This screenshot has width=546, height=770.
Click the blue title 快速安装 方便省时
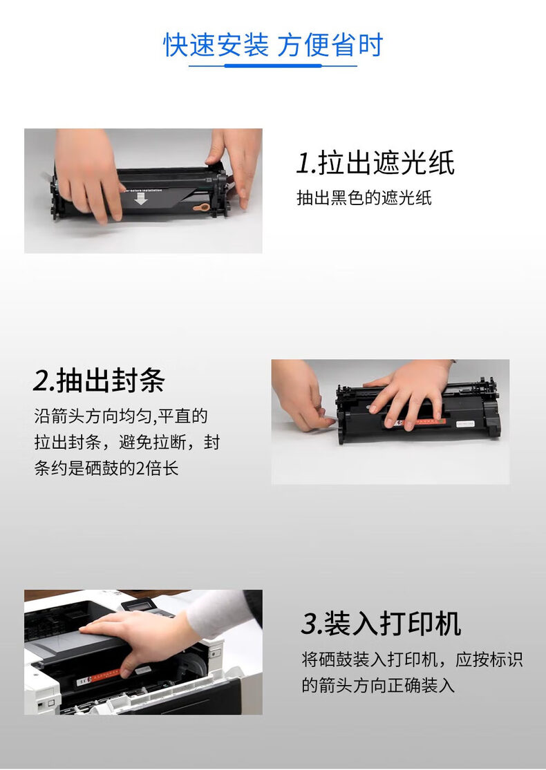click(273, 45)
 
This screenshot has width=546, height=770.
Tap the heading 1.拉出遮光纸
click(375, 162)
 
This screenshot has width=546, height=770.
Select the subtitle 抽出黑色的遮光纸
click(364, 198)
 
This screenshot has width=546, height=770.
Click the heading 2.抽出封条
click(100, 381)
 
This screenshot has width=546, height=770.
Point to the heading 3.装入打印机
click(381, 624)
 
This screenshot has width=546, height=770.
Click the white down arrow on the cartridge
click(141, 198)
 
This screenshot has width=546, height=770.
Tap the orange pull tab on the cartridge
click(202, 207)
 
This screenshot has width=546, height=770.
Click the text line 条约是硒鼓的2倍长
click(106, 468)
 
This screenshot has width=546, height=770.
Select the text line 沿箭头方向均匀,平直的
click(121, 416)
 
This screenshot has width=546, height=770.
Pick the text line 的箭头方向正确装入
click(378, 685)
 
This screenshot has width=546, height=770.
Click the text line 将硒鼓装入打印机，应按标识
click(412, 659)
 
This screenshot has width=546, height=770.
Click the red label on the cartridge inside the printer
click(98, 677)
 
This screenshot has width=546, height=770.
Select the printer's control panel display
click(142, 606)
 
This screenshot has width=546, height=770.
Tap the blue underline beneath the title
click(273, 66)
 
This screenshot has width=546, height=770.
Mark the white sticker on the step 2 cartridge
click(465, 424)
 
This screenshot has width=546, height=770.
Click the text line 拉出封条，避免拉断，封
click(126, 442)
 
